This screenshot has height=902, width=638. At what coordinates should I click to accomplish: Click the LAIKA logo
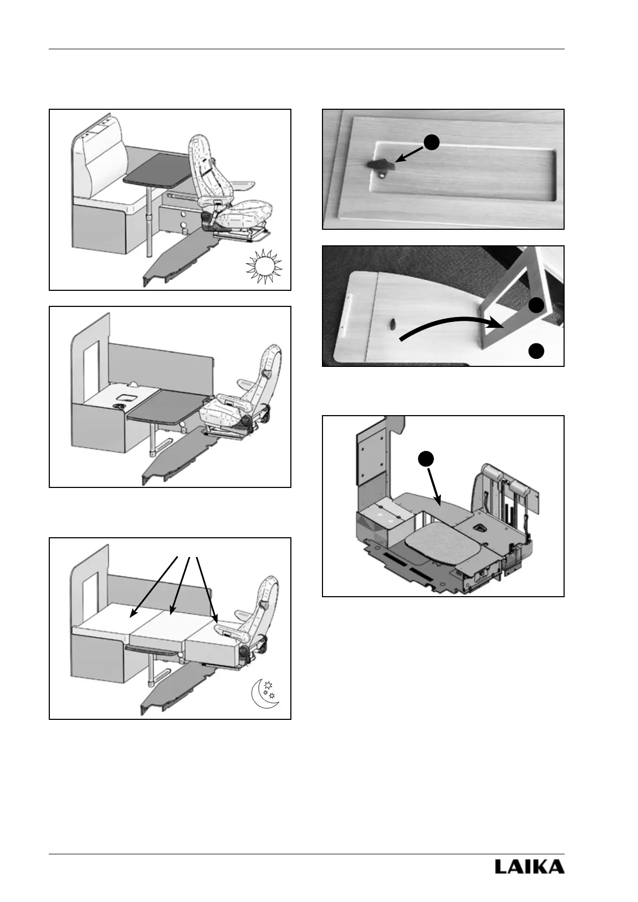tap(529, 867)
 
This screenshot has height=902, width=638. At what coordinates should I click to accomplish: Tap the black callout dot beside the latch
tap(432, 142)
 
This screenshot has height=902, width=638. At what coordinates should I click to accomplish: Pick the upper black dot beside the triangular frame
tap(537, 305)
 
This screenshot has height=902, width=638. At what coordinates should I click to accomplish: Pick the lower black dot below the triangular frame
tap(537, 351)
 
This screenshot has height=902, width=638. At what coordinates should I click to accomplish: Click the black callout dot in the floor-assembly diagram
tap(425, 458)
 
